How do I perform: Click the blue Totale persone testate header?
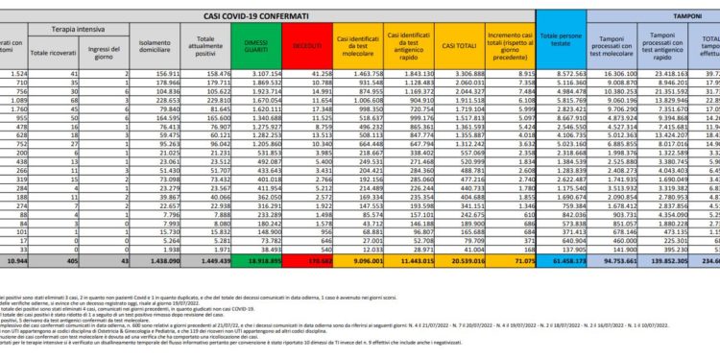(561, 44)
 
